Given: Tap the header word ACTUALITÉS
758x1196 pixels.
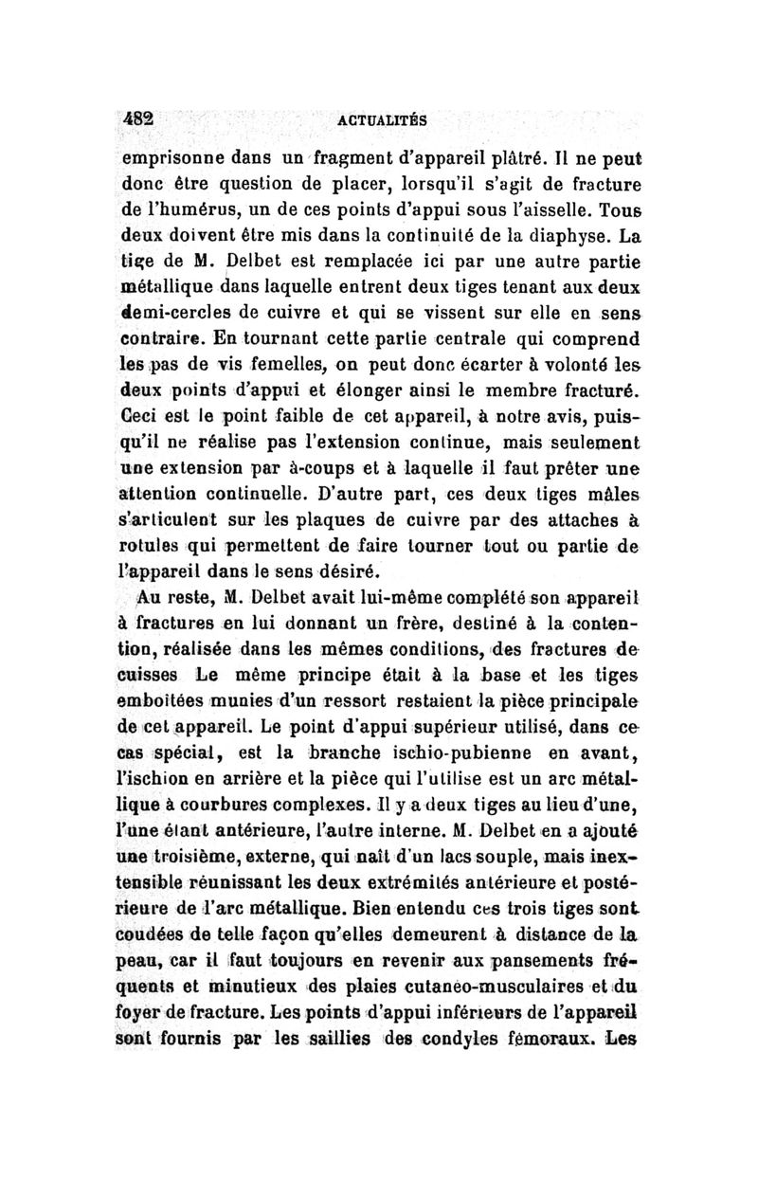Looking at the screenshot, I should point(381,120).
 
